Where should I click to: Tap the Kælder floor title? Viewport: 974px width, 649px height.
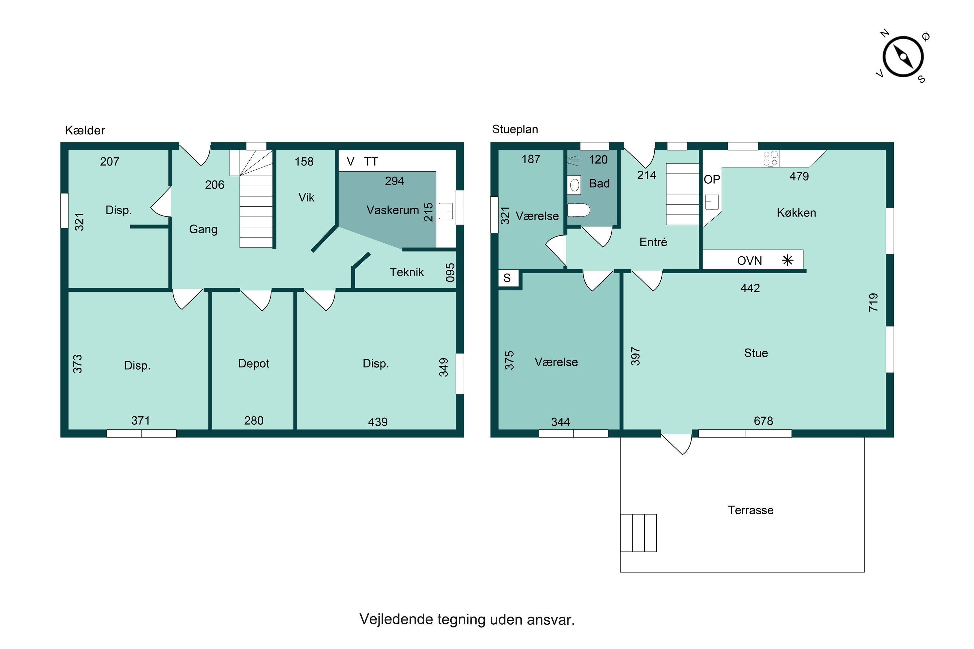click(85, 130)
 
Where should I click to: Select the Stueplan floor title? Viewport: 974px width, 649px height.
click(515, 129)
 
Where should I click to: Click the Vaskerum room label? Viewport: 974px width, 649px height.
click(393, 210)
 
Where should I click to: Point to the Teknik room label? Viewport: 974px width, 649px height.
click(407, 272)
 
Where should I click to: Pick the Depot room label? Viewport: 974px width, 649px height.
click(254, 364)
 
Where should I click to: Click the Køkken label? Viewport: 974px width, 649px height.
click(796, 213)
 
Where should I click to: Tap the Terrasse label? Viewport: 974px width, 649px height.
click(750, 510)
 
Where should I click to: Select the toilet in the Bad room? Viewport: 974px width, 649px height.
click(578, 210)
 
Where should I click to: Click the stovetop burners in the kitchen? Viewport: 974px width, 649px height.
click(770, 159)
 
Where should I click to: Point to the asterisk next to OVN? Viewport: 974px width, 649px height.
click(788, 260)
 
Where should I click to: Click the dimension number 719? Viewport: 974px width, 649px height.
click(873, 302)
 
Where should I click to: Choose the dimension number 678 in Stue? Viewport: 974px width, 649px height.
click(763, 421)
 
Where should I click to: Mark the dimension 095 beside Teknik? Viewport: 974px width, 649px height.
click(450, 272)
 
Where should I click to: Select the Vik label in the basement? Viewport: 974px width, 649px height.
click(306, 197)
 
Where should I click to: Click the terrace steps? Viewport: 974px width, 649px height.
click(638, 533)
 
